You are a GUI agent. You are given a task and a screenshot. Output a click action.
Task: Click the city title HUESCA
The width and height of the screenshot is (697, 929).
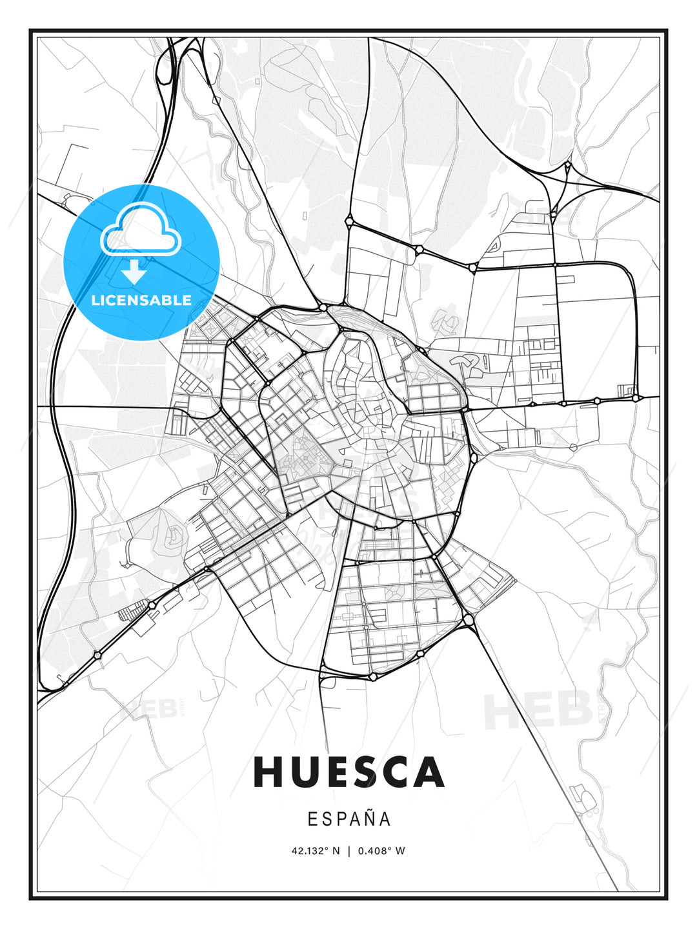pos(348,772)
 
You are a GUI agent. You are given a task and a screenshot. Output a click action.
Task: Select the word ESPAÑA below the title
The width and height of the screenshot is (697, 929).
pos(349,819)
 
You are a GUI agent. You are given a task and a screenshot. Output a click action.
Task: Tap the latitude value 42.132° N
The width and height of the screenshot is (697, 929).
pos(315,850)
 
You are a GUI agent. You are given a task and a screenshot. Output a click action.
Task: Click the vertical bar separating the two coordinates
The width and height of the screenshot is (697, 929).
pos(348,850)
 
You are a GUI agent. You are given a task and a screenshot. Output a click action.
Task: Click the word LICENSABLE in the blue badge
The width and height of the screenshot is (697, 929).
pos(141,300)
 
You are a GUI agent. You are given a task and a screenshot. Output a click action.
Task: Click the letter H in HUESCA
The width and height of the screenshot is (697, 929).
pos(268,772)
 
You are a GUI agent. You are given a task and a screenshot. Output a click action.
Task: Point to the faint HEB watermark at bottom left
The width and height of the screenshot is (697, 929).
pos(148,709)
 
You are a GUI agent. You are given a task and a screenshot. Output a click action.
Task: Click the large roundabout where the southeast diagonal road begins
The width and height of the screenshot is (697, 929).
pos(469,620)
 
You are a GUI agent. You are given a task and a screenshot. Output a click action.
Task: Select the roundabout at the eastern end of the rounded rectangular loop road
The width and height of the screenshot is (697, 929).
pos(636,398)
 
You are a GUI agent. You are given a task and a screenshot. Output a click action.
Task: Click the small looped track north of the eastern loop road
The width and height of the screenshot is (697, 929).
pos(494,245)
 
